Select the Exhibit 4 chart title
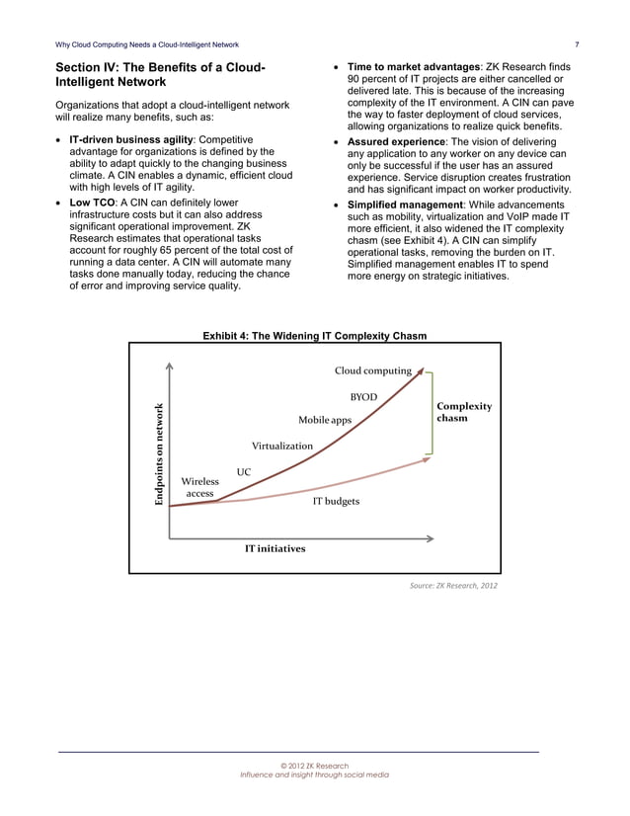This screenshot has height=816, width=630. (314, 336)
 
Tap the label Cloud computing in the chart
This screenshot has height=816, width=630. (372, 370)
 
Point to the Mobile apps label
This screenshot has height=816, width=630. (325, 421)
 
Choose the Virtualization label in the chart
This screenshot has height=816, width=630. (281, 446)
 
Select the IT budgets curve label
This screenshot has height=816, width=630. (336, 502)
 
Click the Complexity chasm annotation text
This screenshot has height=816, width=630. (463, 411)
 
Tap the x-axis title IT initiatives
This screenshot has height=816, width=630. (275, 548)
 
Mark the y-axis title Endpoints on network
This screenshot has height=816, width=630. (158, 455)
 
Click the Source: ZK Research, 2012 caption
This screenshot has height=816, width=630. (453, 586)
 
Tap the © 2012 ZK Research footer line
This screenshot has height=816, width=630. (314, 766)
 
